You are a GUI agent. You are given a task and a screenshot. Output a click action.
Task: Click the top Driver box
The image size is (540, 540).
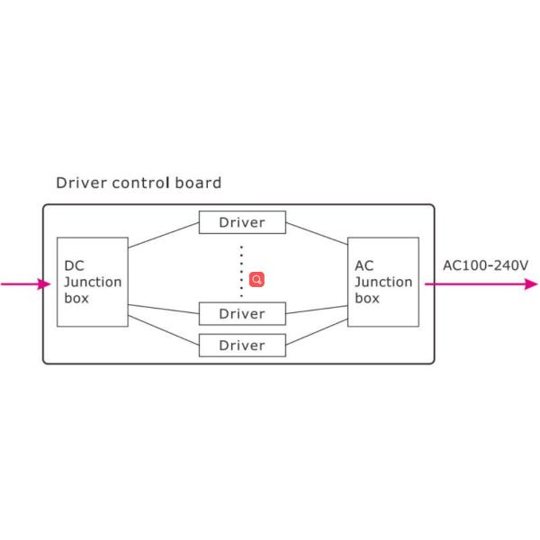(x=242, y=222)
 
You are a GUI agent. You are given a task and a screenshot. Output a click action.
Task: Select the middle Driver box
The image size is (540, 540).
(x=242, y=314)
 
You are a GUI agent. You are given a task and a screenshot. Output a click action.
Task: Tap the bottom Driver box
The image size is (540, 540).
(x=242, y=346)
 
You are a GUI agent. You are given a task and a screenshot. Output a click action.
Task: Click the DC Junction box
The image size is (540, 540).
(x=93, y=282)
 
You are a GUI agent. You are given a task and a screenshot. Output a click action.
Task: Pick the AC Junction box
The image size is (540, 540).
(x=383, y=282)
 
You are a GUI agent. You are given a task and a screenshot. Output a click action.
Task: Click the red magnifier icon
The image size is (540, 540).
(x=256, y=279)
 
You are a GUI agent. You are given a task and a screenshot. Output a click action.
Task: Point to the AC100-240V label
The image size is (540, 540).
(x=486, y=265)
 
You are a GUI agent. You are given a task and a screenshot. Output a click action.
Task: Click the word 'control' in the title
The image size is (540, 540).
(x=141, y=183)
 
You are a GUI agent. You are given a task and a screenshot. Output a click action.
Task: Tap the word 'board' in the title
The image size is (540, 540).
(x=198, y=183)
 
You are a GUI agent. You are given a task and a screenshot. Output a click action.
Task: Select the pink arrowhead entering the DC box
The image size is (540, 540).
(x=44, y=284)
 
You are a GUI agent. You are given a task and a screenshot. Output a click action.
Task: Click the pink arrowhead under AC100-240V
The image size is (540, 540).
(x=531, y=284)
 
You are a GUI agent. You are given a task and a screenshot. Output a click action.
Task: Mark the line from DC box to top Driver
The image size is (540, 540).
(x=164, y=235)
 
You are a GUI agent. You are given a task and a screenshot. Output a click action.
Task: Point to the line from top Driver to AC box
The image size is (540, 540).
(x=317, y=233)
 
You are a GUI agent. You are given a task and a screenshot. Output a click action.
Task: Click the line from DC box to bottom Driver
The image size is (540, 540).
(x=164, y=330)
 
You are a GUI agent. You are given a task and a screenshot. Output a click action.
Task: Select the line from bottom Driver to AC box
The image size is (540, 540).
(x=317, y=332)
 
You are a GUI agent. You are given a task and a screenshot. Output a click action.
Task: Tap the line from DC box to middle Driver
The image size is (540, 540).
(x=164, y=310)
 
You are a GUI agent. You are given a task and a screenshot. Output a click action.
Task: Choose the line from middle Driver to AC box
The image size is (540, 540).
(x=317, y=310)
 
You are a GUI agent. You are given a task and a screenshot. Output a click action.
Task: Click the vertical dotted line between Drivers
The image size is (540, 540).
(x=241, y=272)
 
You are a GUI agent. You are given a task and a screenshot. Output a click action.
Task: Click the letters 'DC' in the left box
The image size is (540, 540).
(x=74, y=265)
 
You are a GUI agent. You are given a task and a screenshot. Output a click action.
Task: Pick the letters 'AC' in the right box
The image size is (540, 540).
(x=364, y=265)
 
